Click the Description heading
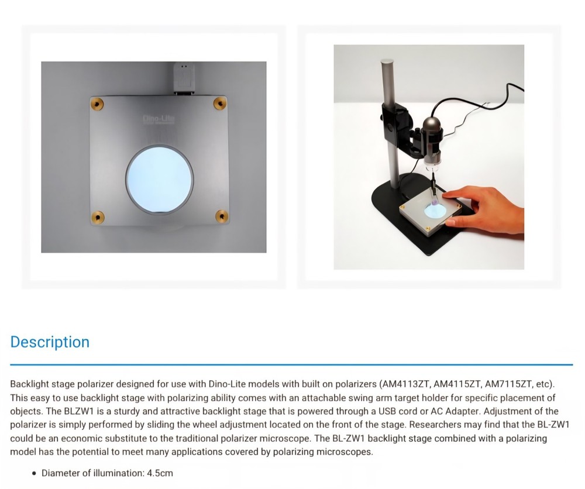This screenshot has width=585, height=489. [x=50, y=342]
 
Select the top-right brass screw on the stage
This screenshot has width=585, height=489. [x=219, y=102]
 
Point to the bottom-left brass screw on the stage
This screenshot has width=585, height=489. [x=98, y=216]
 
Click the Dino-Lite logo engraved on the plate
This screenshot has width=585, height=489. [x=155, y=119]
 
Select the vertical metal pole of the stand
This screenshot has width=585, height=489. [x=387, y=117]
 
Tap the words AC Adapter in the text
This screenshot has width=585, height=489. [x=384, y=411]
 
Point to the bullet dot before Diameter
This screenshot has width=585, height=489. [x=35, y=473]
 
